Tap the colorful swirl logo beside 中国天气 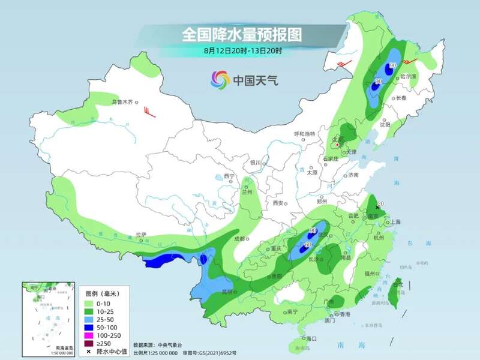point(220,79)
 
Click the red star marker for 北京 point(337,145)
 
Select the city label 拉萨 point(140,235)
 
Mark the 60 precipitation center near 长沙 point(308,245)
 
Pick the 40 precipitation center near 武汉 point(313,230)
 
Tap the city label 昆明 point(227,292)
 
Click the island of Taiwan point(395,291)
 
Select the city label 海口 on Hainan point(310,339)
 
